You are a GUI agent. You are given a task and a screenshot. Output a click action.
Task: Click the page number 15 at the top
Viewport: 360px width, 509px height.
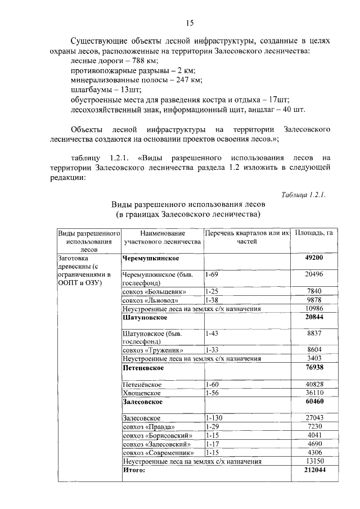coord(190,23)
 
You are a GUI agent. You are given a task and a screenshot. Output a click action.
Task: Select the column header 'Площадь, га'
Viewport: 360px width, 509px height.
coord(313,232)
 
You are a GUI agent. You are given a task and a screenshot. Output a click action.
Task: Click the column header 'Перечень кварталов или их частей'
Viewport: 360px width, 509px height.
coord(247,236)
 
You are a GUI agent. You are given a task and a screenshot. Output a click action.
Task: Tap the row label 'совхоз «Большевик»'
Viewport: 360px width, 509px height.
coord(154,291)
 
